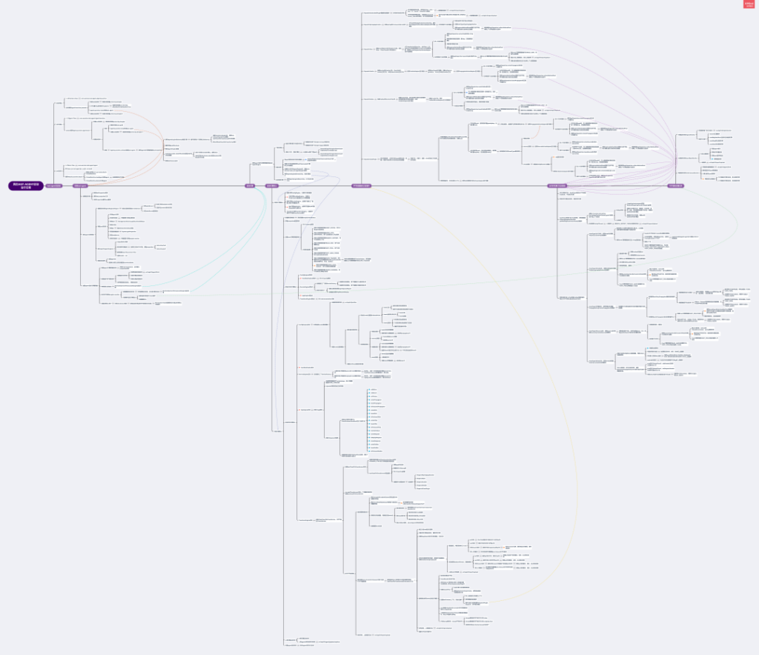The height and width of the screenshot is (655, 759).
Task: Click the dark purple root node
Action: pyautogui.click(x=26, y=185)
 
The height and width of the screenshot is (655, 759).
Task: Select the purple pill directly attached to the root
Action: pyautogui.click(x=54, y=185)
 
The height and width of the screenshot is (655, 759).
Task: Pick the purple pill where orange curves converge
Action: pyautogui.click(x=80, y=185)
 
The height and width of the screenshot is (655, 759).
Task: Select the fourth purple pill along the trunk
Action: pyautogui.click(x=271, y=185)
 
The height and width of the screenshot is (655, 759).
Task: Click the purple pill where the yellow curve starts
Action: pyautogui.click(x=361, y=185)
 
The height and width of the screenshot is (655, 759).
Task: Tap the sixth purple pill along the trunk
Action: pyautogui.click(x=557, y=185)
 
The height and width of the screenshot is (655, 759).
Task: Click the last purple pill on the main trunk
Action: pyautogui.click(x=675, y=185)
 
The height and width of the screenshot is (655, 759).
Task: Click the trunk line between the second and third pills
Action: pyautogui.click(x=163, y=185)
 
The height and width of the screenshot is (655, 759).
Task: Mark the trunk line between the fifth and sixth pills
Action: pyautogui.click(x=460, y=185)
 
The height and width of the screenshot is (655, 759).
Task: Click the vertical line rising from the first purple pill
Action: pyautogui.click(x=54, y=141)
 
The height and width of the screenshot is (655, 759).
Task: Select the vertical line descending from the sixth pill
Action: pyautogui.click(x=557, y=245)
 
